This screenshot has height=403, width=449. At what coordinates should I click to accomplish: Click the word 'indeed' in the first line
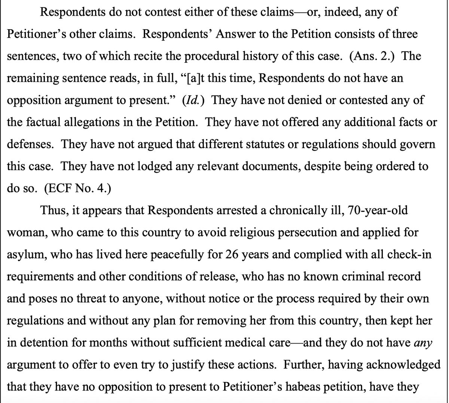(x=340, y=13)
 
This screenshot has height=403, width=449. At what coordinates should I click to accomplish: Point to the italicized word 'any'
(x=423, y=342)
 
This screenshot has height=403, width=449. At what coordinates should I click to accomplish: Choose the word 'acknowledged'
(x=403, y=364)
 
